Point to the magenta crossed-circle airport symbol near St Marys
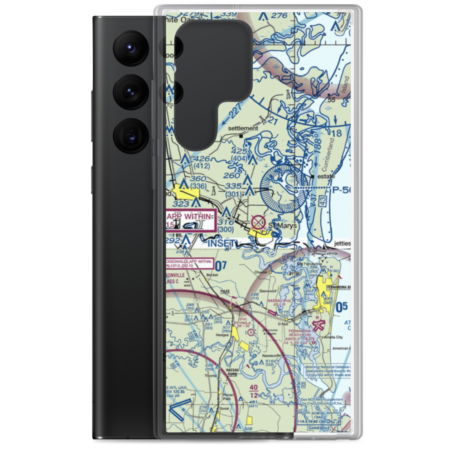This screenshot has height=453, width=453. click(259, 222)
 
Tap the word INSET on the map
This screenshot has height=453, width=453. click(222, 244)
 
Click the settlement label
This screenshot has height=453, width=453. click(243, 128)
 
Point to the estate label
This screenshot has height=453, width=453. click(327, 176)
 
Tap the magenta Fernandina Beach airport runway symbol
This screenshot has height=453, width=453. click(319, 324)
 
